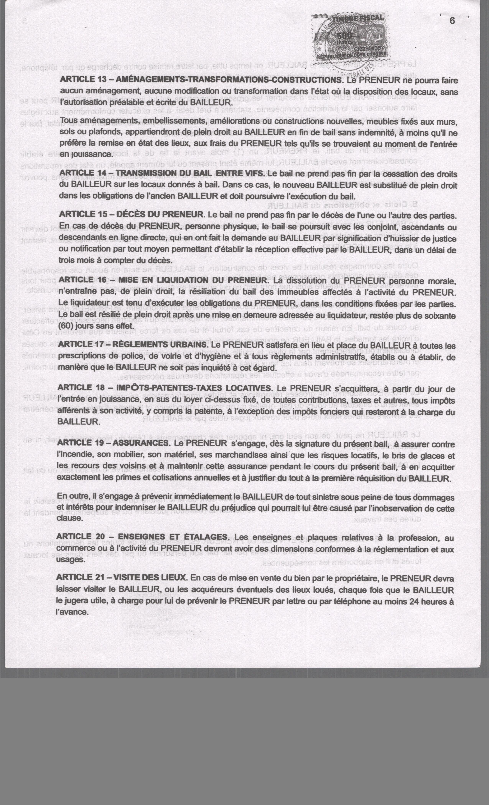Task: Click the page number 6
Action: [452, 21]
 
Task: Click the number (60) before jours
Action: [66, 326]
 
